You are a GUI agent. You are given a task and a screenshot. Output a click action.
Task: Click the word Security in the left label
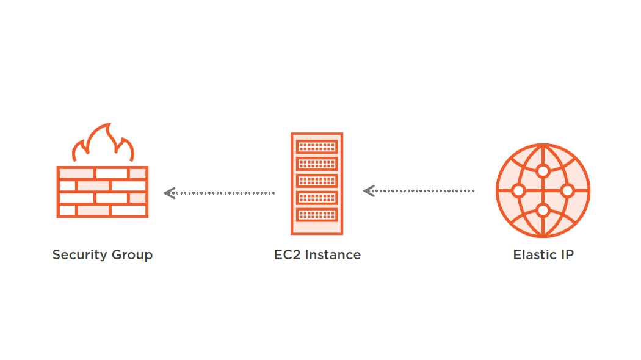tap(75, 254)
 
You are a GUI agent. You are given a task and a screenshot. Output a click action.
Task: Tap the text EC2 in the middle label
tap(286, 254)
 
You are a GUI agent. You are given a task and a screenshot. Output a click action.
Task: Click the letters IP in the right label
tap(567, 254)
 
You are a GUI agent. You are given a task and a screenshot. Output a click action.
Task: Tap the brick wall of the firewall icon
tap(103, 192)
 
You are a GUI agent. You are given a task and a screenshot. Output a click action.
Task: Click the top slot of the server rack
tap(317, 147)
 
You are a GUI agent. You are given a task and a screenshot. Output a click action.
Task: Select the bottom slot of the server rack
tap(317, 215)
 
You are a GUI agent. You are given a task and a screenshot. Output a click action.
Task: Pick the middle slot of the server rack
tap(317, 181)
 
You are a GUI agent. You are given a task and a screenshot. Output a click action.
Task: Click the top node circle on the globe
tap(543, 171)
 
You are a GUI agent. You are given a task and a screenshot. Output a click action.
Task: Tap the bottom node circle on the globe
tap(543, 211)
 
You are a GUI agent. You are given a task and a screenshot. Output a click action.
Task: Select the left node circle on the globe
tap(518, 191)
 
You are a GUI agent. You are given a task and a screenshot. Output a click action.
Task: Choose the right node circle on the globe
tap(567, 191)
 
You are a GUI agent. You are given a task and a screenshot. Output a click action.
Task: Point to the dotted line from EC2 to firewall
tap(226, 193)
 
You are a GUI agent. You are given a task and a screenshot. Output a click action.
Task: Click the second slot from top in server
tap(317, 164)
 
